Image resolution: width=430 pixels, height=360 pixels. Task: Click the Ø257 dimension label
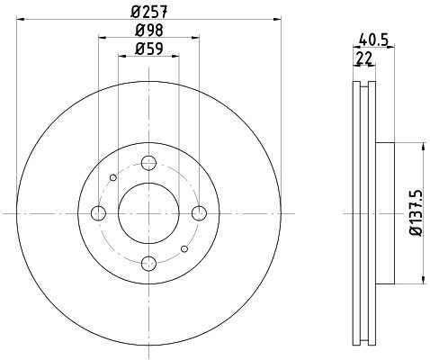(x=148, y=12)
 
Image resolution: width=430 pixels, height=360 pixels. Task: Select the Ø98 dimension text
(x=148, y=31)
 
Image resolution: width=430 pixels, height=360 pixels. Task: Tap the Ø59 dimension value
(x=148, y=49)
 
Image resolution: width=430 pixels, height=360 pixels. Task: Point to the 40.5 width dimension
(x=372, y=39)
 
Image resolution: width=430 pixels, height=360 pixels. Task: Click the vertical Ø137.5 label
(x=416, y=212)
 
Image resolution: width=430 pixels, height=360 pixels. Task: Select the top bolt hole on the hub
(x=149, y=163)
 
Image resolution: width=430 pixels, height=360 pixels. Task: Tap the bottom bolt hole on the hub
(x=149, y=263)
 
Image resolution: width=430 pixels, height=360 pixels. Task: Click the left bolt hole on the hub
(x=99, y=212)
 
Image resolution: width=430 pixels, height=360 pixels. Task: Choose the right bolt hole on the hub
(x=199, y=212)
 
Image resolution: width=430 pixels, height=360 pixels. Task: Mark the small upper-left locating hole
(x=112, y=177)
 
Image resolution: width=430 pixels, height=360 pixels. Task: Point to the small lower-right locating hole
(x=185, y=248)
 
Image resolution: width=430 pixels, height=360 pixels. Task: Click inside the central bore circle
(x=149, y=212)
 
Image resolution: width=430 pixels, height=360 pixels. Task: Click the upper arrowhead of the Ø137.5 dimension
(x=423, y=147)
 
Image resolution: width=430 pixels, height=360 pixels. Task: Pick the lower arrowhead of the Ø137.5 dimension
(x=423, y=278)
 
